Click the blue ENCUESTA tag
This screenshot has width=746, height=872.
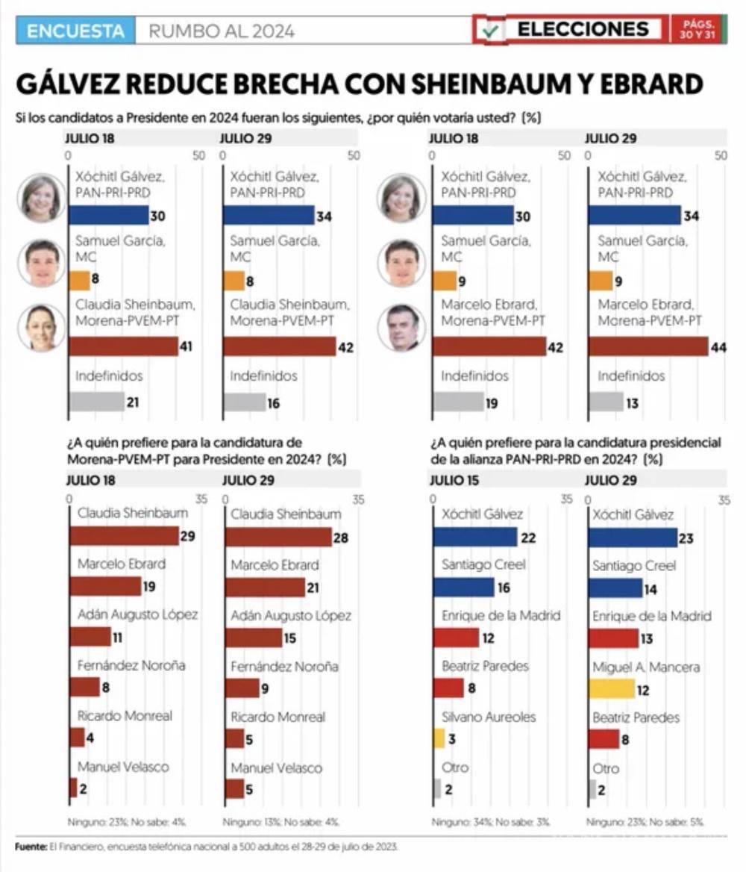pyautogui.click(x=75, y=31)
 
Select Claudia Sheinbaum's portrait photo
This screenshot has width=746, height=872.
pyautogui.click(x=41, y=328)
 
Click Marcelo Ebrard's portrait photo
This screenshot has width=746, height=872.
pyautogui.click(x=401, y=328)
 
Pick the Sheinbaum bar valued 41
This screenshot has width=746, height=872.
pyautogui.click(x=123, y=346)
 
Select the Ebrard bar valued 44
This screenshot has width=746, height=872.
pyautogui.click(x=648, y=346)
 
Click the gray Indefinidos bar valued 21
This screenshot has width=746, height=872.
pyautogui.click(x=96, y=402)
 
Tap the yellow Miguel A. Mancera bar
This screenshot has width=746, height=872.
pyautogui.click(x=611, y=688)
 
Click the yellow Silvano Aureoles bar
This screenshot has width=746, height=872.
pyautogui.click(x=439, y=738)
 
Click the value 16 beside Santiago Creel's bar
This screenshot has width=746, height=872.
pyautogui.click(x=504, y=588)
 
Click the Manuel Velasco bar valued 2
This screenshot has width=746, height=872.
pyautogui.click(x=73, y=788)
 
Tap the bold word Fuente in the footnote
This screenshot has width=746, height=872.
pyautogui.click(x=29, y=847)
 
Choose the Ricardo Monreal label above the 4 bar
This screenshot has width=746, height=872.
pyautogui.click(x=125, y=715)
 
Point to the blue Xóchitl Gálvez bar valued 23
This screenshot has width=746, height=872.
pyautogui.click(x=632, y=538)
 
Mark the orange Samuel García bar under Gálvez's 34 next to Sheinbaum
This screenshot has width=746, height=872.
pyautogui.click(x=233, y=281)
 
